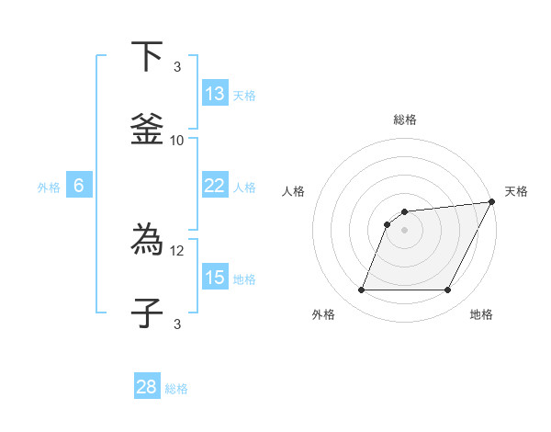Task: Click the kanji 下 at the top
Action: coord(146,57)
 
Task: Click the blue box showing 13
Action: coord(215,94)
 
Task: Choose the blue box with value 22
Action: coord(215,186)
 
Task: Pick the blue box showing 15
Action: coord(215,278)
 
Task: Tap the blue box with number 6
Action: coord(79,186)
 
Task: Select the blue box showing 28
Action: coord(147,387)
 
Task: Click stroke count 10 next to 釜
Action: coord(177,140)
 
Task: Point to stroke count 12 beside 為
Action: coord(177,250)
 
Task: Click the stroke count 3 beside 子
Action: coord(177,324)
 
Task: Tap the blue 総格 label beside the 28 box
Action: coord(176,389)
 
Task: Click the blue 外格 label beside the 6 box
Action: coord(49,188)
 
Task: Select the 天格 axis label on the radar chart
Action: coord(516,191)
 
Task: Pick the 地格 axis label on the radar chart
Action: coord(481,314)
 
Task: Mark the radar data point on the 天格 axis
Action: coord(491,202)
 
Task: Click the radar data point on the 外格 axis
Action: coord(361,290)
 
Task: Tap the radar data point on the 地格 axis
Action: coord(448,290)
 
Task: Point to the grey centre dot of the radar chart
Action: coord(404,230)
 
